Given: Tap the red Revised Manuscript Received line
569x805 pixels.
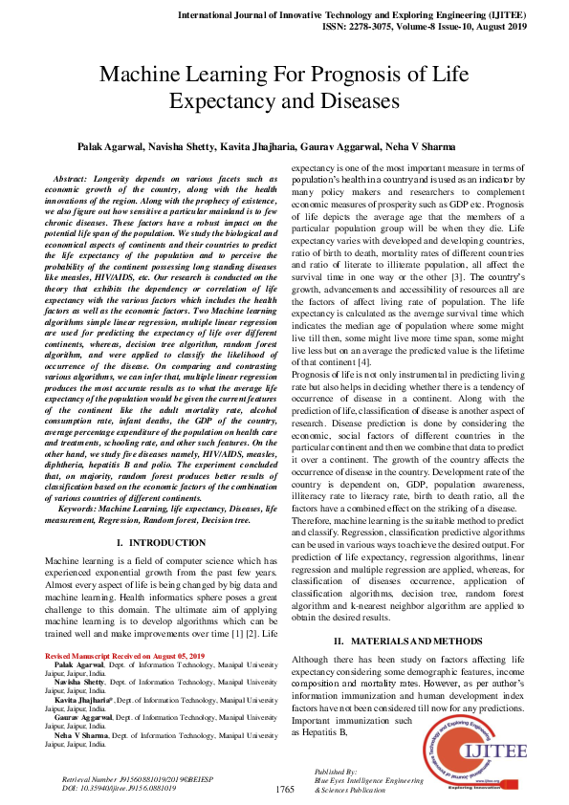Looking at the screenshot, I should pos(125,656).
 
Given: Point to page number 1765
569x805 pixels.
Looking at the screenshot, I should pos(284,790).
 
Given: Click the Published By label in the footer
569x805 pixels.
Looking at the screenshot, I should pos(336,771).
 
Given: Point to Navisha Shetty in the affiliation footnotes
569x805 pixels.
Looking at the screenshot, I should pos(83,683).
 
